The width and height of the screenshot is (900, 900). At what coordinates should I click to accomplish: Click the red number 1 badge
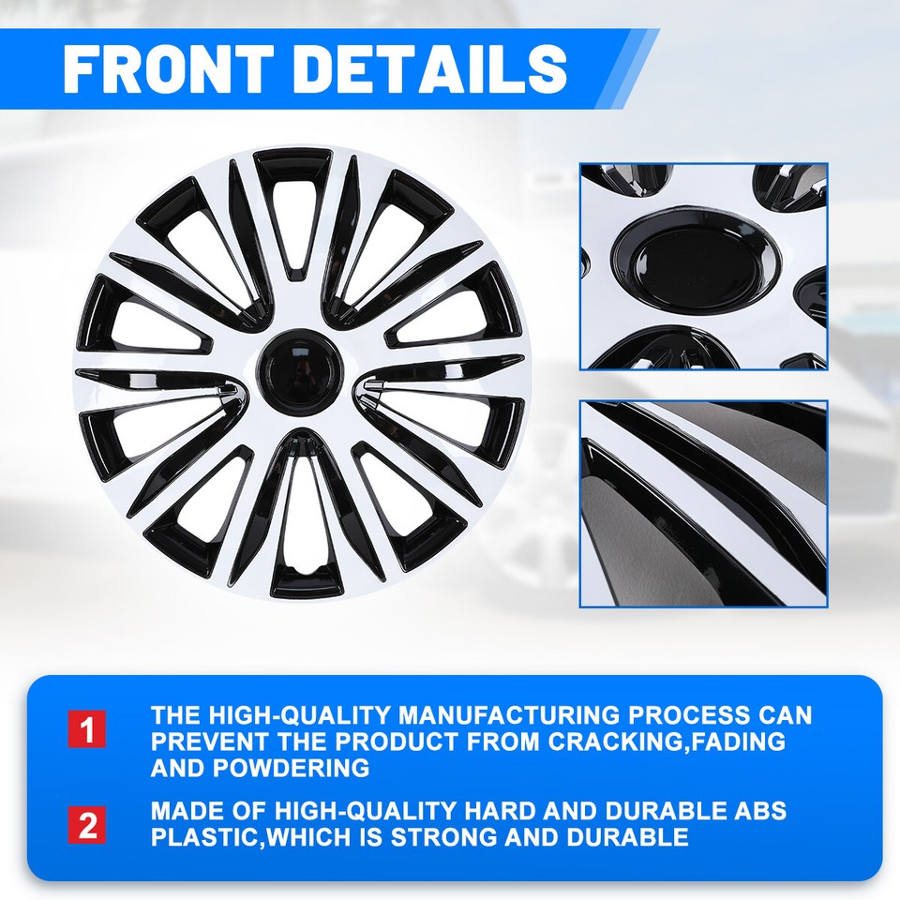coord(87,728)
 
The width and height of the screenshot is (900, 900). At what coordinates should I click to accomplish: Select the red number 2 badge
coord(87,825)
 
